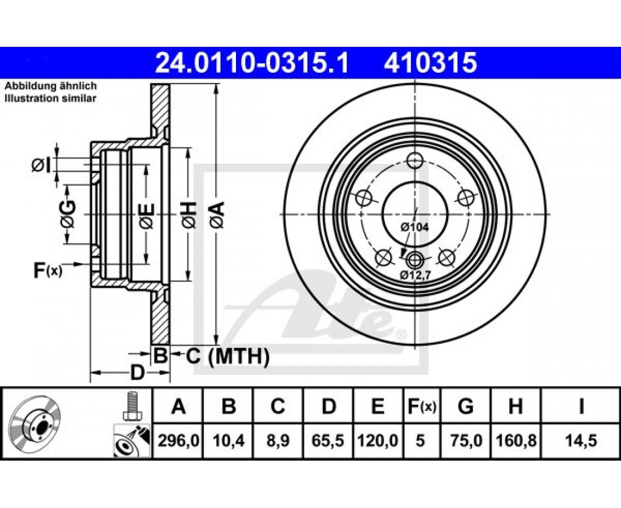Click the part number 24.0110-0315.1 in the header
252,63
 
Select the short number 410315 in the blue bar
430,63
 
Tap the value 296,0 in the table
178,440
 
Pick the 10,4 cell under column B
229,440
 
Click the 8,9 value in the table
278,440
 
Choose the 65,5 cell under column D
329,440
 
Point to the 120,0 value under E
378,440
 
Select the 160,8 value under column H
515,440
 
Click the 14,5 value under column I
581,440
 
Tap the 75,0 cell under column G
466,440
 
